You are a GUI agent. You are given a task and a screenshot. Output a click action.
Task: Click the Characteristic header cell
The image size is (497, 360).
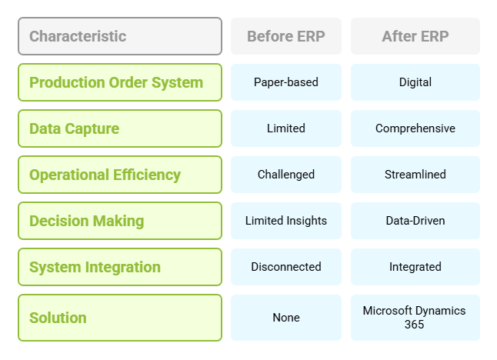click(x=120, y=36)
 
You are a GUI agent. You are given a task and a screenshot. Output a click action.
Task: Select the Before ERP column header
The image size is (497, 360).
click(x=286, y=36)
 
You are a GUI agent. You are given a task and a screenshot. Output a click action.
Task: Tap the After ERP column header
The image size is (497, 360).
click(x=415, y=36)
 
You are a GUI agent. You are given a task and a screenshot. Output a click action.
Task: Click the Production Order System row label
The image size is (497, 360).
click(x=120, y=82)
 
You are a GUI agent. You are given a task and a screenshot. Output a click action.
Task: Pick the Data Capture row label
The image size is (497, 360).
click(x=120, y=128)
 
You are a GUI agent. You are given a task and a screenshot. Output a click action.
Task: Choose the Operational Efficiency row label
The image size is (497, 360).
click(x=120, y=175)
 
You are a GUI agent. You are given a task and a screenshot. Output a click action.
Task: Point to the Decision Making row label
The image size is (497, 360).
click(x=120, y=221)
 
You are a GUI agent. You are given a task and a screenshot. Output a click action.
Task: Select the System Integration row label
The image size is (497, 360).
click(x=120, y=267)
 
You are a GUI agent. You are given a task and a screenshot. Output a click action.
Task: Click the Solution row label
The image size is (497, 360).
click(x=120, y=318)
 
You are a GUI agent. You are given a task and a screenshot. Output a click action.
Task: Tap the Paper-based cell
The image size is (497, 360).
click(x=286, y=82)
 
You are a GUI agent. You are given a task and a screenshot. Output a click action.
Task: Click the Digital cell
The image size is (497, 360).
click(x=415, y=82)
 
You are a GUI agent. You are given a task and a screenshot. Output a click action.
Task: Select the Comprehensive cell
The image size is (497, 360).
click(x=415, y=128)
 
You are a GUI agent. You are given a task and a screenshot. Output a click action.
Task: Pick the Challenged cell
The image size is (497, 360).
click(x=286, y=175)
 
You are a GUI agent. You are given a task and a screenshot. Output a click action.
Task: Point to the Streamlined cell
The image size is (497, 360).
click(x=415, y=175)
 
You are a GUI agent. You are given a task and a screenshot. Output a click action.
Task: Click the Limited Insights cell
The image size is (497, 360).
click(x=286, y=221)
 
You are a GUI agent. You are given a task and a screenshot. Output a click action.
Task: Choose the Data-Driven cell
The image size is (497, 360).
click(x=415, y=221)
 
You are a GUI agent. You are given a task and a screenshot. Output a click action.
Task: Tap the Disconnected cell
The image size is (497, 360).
click(x=286, y=267)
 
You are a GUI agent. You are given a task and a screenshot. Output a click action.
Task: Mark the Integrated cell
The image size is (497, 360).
click(x=415, y=267)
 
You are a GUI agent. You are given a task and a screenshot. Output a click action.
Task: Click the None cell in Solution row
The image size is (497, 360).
click(x=286, y=318)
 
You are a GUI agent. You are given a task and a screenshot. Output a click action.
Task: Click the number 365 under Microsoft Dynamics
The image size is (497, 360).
click(x=414, y=325)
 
